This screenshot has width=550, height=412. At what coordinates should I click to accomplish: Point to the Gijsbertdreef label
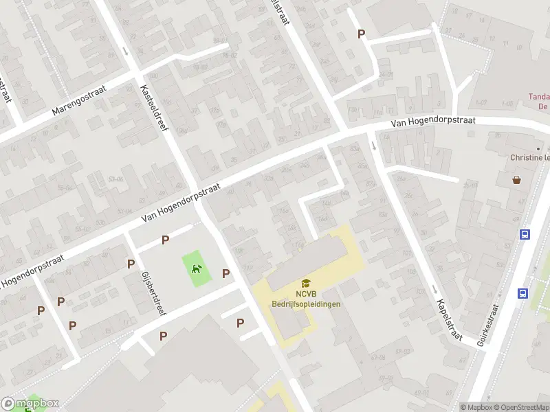click(x=153, y=291)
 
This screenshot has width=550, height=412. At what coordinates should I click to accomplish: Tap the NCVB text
click(x=305, y=295)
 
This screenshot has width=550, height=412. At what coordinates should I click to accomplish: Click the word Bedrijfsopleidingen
click(x=306, y=304)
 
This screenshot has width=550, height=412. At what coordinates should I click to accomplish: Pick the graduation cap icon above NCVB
click(x=305, y=283)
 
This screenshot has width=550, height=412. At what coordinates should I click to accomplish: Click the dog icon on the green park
click(x=196, y=269)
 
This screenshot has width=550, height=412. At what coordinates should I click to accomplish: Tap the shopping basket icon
click(x=516, y=180)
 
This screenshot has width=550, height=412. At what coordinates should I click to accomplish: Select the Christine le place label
click(x=529, y=157)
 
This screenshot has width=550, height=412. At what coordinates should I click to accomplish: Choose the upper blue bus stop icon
click(x=525, y=234)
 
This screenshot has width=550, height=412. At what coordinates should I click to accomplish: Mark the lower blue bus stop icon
click(x=522, y=294)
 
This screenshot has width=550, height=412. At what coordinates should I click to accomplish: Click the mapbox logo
click(x=30, y=404)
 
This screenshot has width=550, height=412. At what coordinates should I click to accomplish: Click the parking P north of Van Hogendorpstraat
click(x=361, y=34)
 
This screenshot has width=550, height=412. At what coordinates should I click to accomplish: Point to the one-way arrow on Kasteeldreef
click(x=125, y=51)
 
